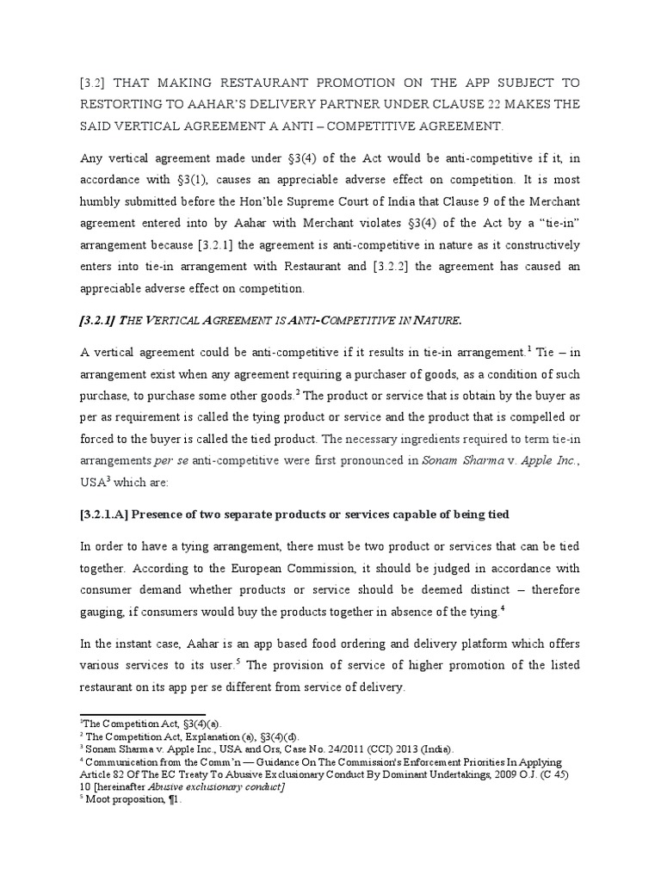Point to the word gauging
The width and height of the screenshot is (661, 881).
point(103,611)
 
